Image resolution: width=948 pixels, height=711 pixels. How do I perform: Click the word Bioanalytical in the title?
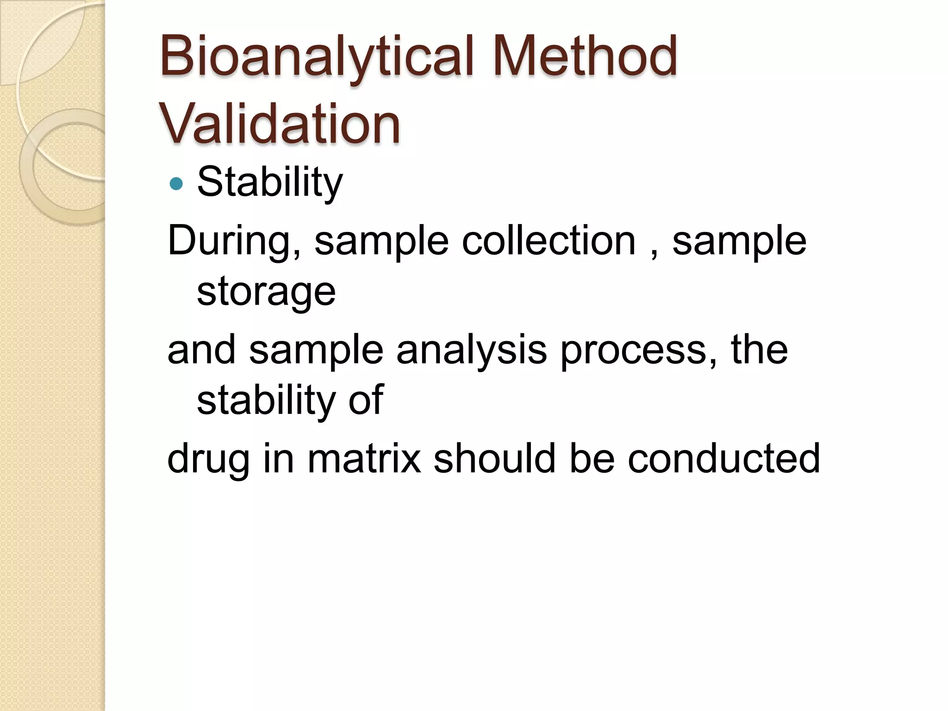[x=317, y=57]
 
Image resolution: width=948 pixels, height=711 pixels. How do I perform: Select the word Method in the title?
[x=585, y=57]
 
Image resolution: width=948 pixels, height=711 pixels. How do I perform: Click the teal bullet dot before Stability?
[x=176, y=184]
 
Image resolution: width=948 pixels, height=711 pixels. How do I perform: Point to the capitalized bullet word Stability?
[x=270, y=182]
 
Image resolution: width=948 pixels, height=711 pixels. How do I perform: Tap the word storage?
[x=266, y=293]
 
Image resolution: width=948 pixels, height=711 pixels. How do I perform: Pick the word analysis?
[x=471, y=350]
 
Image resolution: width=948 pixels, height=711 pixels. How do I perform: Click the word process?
[x=639, y=351]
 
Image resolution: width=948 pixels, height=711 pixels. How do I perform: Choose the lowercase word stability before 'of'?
[x=266, y=401]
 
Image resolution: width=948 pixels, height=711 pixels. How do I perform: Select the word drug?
[x=208, y=459]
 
